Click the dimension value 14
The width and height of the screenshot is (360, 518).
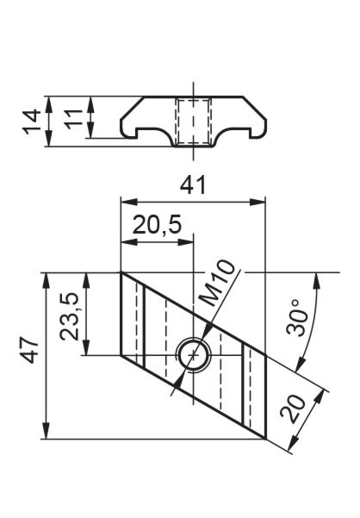pos(31,122)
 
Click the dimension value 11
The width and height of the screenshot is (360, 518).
pos(73,119)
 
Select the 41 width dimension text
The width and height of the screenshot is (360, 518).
pos(193,185)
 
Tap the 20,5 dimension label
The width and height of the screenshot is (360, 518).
pos(157,225)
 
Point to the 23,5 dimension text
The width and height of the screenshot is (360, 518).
pos(69,316)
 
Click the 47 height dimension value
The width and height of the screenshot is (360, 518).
pos(29,351)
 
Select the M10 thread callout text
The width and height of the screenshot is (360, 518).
pos(218,283)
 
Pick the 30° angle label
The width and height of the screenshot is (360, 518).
pos(297,318)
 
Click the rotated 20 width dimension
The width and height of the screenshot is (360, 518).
pos(293,409)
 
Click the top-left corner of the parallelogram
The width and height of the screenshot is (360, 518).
pos(121,272)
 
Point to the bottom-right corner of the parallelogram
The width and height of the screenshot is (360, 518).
pos(265,439)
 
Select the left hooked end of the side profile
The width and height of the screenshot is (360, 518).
pos(128,127)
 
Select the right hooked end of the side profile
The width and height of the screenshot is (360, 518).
pos(259,127)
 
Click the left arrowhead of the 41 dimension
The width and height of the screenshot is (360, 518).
pos(128,202)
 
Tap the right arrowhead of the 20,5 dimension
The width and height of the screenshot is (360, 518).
pos(185,242)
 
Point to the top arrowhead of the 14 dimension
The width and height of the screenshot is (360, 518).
pos(48,104)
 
